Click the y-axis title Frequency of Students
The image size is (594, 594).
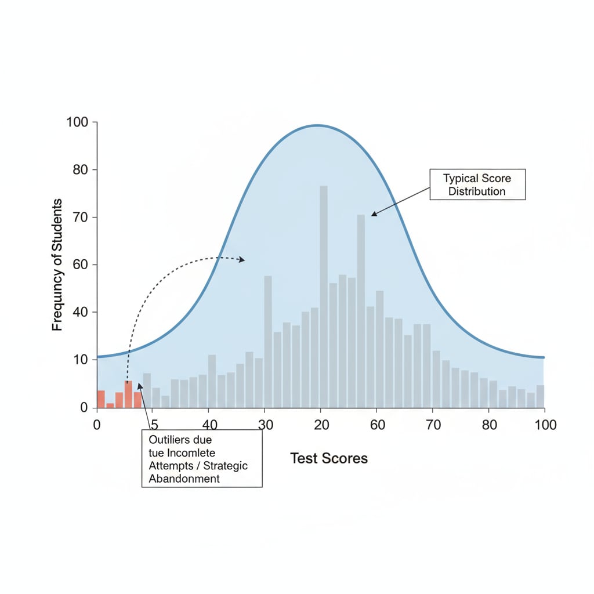click(57, 265)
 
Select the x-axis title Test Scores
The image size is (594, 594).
click(329, 458)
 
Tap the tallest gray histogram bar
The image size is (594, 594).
click(324, 296)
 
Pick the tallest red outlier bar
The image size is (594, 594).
click(128, 394)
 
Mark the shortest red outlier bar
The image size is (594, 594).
click(110, 405)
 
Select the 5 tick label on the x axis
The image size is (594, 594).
click(155, 425)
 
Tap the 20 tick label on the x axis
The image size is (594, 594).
click(321, 425)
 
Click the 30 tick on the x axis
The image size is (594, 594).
click(265, 425)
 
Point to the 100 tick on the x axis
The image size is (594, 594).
click(544, 425)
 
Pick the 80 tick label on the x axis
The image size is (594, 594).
click(490, 425)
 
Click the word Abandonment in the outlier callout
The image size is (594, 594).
click(184, 479)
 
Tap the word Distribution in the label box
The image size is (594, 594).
click(476, 191)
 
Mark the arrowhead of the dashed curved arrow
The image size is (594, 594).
click(242, 260)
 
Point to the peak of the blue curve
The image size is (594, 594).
click(317, 125)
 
